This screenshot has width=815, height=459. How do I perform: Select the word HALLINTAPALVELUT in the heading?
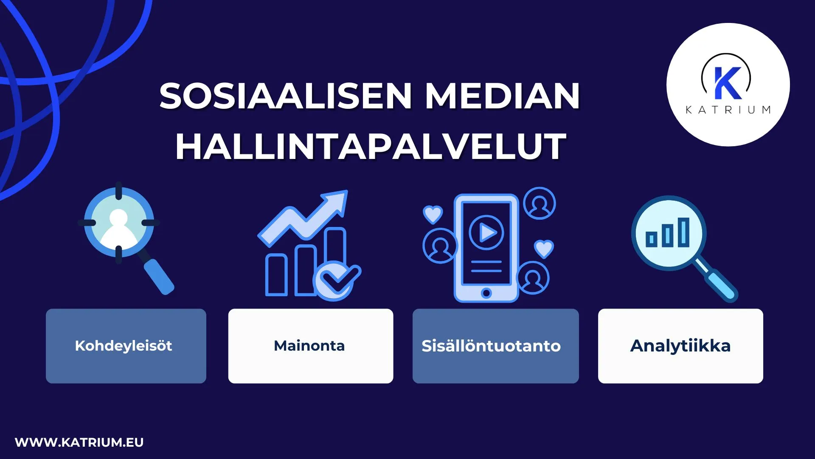pyautogui.click(x=371, y=147)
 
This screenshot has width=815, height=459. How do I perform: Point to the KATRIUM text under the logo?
pyautogui.click(x=728, y=110)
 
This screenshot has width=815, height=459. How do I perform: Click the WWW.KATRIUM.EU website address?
pyautogui.click(x=79, y=442)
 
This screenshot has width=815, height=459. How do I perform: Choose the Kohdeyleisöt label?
pyautogui.click(x=124, y=346)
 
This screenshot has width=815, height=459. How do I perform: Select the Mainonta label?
pyautogui.click(x=309, y=346)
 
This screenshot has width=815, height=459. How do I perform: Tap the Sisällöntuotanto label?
pyautogui.click(x=491, y=346)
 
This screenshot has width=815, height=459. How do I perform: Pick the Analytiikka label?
pyautogui.click(x=680, y=346)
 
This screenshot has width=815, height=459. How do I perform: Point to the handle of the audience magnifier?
pyautogui.click(x=159, y=276)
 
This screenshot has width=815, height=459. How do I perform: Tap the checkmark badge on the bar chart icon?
pyautogui.click(x=336, y=279)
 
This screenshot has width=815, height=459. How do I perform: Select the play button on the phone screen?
pyautogui.click(x=486, y=232)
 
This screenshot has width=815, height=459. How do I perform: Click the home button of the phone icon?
pyautogui.click(x=486, y=293)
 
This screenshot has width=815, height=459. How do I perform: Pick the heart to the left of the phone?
pyautogui.click(x=433, y=214)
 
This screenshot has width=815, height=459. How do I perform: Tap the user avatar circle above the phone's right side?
pyautogui.click(x=539, y=203)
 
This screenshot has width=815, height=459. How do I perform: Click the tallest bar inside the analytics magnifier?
pyautogui.click(x=683, y=232)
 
